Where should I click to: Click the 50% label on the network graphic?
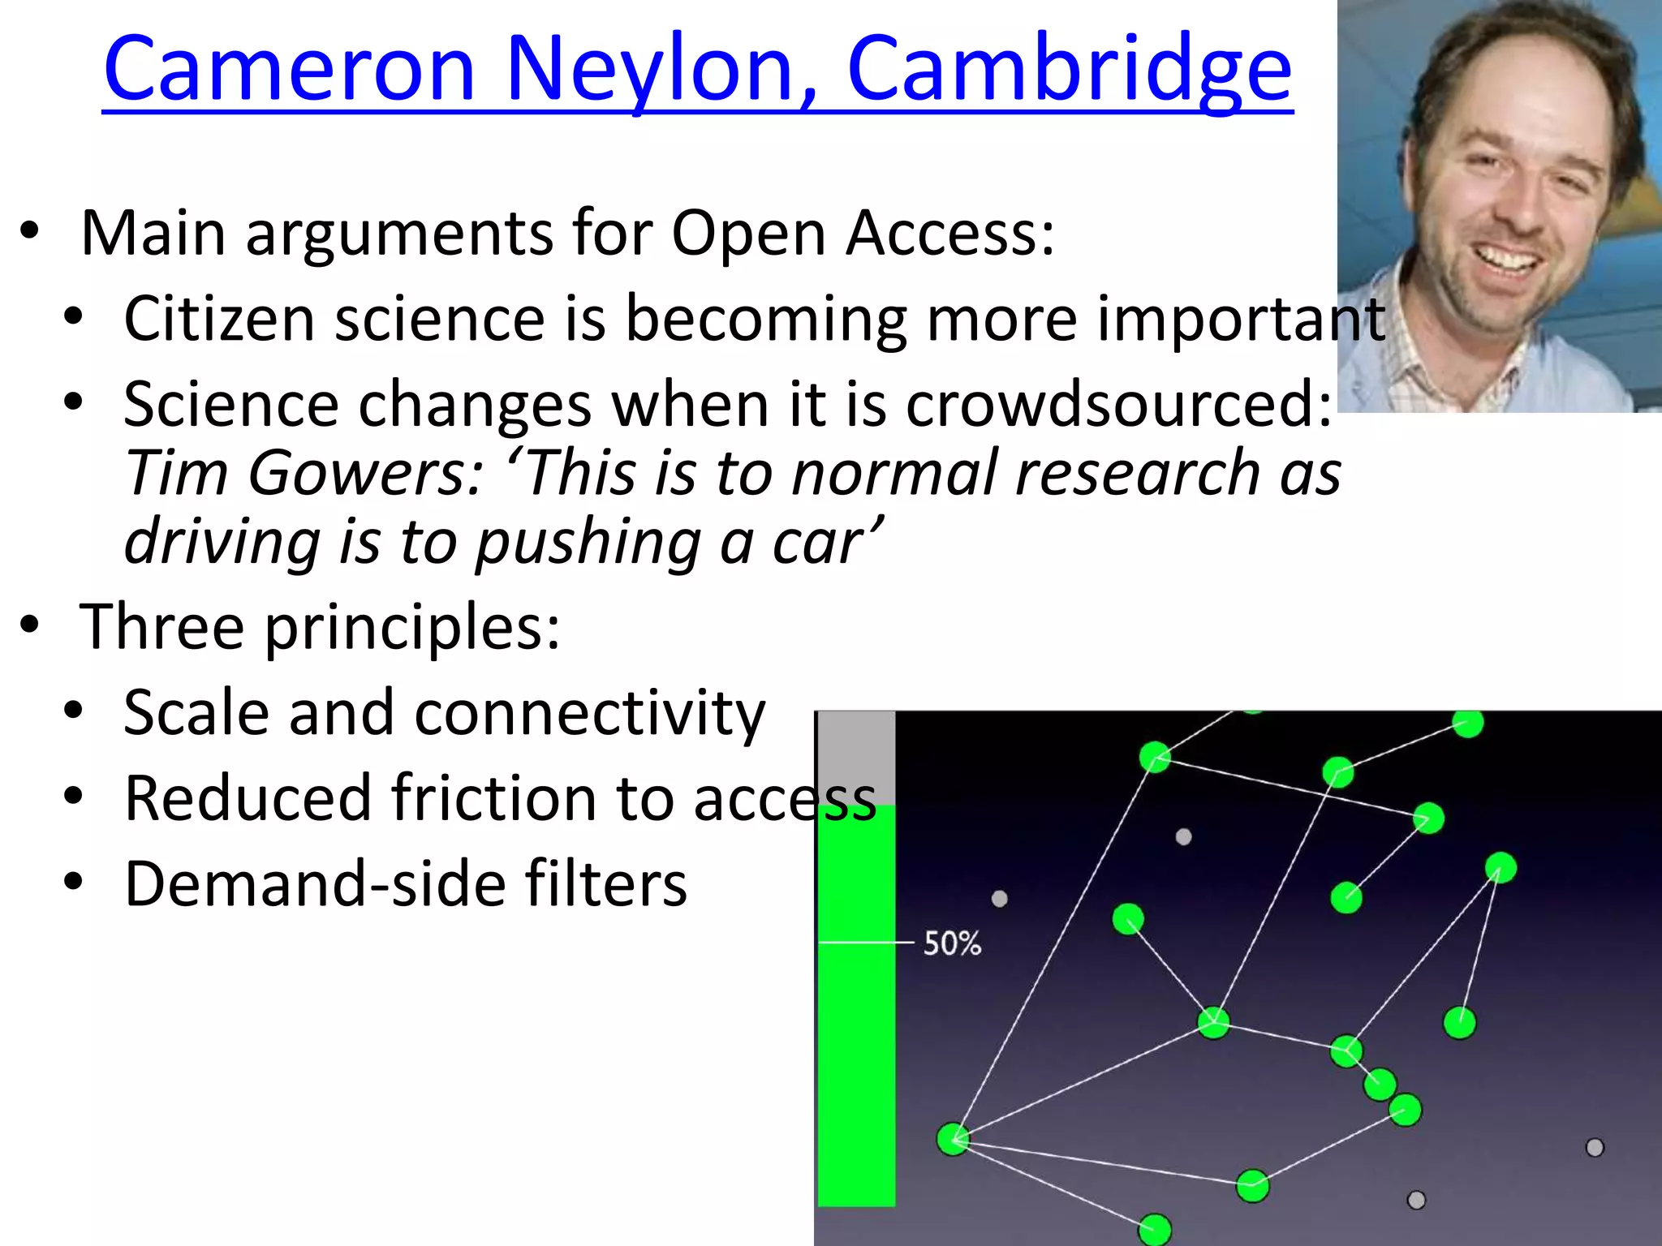tap(952, 943)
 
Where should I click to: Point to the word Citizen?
tap(218, 319)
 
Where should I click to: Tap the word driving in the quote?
tap(222, 542)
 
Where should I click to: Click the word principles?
tap(411, 627)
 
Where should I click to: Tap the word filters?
tap(605, 884)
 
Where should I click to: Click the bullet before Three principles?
tap(30, 625)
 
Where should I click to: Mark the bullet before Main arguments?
tap(30, 230)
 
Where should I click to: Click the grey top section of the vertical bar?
tap(856, 758)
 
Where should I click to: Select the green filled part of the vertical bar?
tap(856, 1055)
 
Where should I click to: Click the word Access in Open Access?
tap(949, 234)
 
